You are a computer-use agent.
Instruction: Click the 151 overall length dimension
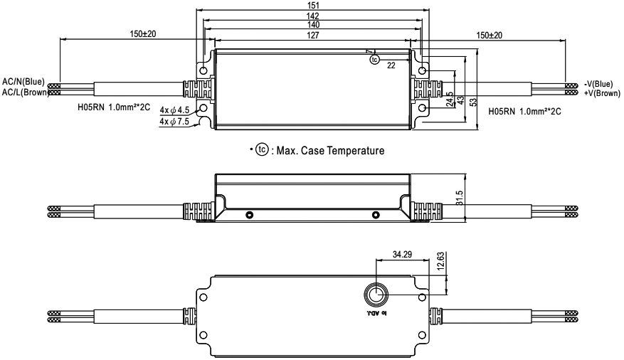pos(313,5)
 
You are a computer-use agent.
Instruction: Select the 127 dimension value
pos(313,36)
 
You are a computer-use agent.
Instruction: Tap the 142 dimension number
pos(313,16)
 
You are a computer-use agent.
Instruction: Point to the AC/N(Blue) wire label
pos(23,82)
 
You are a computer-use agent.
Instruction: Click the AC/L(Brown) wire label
pos(25,92)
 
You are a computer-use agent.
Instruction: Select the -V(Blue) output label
pos(598,84)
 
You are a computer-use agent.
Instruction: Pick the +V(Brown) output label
pos(602,93)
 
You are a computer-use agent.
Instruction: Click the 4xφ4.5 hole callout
pos(174,110)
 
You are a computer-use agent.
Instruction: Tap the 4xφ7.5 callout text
pos(174,122)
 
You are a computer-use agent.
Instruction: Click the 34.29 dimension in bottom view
pos(402,254)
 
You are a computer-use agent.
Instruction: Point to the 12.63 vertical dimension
pos(440,262)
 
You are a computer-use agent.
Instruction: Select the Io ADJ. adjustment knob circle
pos(375,295)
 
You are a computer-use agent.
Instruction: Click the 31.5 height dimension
pos(460,198)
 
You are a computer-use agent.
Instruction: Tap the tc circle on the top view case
pos(374,60)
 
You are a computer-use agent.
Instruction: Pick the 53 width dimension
pos(473,102)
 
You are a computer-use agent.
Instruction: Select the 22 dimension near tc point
pos(391,65)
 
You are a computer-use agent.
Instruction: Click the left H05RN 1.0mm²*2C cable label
pos(114,107)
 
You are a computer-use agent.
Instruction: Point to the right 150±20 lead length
pos(489,36)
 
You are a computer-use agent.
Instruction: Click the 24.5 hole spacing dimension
pos(450,100)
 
